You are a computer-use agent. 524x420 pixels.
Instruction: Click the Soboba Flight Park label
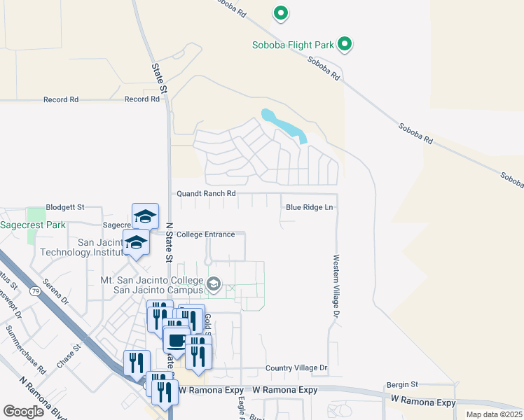point(293,45)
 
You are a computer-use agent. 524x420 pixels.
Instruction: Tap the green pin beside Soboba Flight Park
point(344,45)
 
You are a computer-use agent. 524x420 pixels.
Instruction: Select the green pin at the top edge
point(280,12)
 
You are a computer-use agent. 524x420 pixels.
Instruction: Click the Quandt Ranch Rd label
point(204,193)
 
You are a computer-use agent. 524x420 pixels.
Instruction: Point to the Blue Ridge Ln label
point(309,207)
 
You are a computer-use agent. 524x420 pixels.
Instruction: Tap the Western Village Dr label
point(336,286)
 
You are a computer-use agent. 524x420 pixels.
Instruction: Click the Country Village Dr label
point(296,368)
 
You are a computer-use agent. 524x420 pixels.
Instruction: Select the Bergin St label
point(402,384)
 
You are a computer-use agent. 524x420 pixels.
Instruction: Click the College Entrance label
point(205,234)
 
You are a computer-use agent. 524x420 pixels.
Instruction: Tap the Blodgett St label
point(64,207)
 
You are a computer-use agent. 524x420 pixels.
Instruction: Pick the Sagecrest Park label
point(32,225)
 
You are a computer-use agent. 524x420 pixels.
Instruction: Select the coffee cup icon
point(174,341)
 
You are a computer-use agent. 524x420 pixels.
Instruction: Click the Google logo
point(23,412)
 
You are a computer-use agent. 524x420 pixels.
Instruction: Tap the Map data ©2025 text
point(493,414)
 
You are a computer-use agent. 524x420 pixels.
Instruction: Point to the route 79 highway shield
point(34,289)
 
